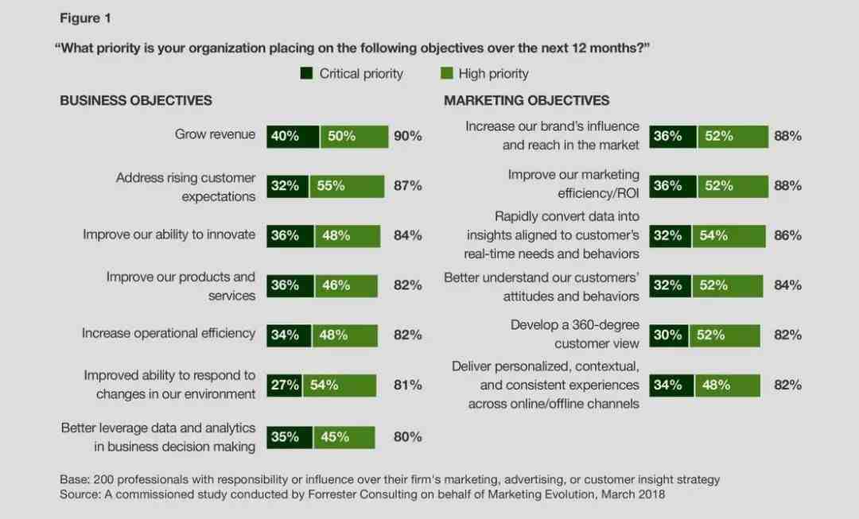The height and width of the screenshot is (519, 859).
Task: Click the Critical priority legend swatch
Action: (306, 74)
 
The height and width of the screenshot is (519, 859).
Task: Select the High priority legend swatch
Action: (446, 74)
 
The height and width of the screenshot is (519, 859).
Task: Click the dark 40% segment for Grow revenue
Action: (293, 136)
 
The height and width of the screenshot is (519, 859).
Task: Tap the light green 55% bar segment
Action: (347, 186)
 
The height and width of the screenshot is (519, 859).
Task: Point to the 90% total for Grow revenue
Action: (407, 136)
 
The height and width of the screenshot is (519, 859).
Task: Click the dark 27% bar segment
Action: (284, 385)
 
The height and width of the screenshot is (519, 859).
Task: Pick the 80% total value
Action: (407, 436)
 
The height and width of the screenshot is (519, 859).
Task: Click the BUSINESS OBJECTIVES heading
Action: (136, 101)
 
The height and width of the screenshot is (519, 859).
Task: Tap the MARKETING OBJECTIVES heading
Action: (527, 101)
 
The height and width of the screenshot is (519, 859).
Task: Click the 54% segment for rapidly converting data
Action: (728, 235)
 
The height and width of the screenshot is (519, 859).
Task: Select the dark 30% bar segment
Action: (668, 335)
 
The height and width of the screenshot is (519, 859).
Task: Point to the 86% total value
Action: (787, 235)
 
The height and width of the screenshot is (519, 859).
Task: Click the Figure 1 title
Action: (84, 18)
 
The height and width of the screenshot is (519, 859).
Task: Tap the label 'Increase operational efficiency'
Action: (169, 334)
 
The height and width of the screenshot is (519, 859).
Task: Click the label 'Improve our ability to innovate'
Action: (169, 234)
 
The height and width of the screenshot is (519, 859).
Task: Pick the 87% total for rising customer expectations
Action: (407, 186)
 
